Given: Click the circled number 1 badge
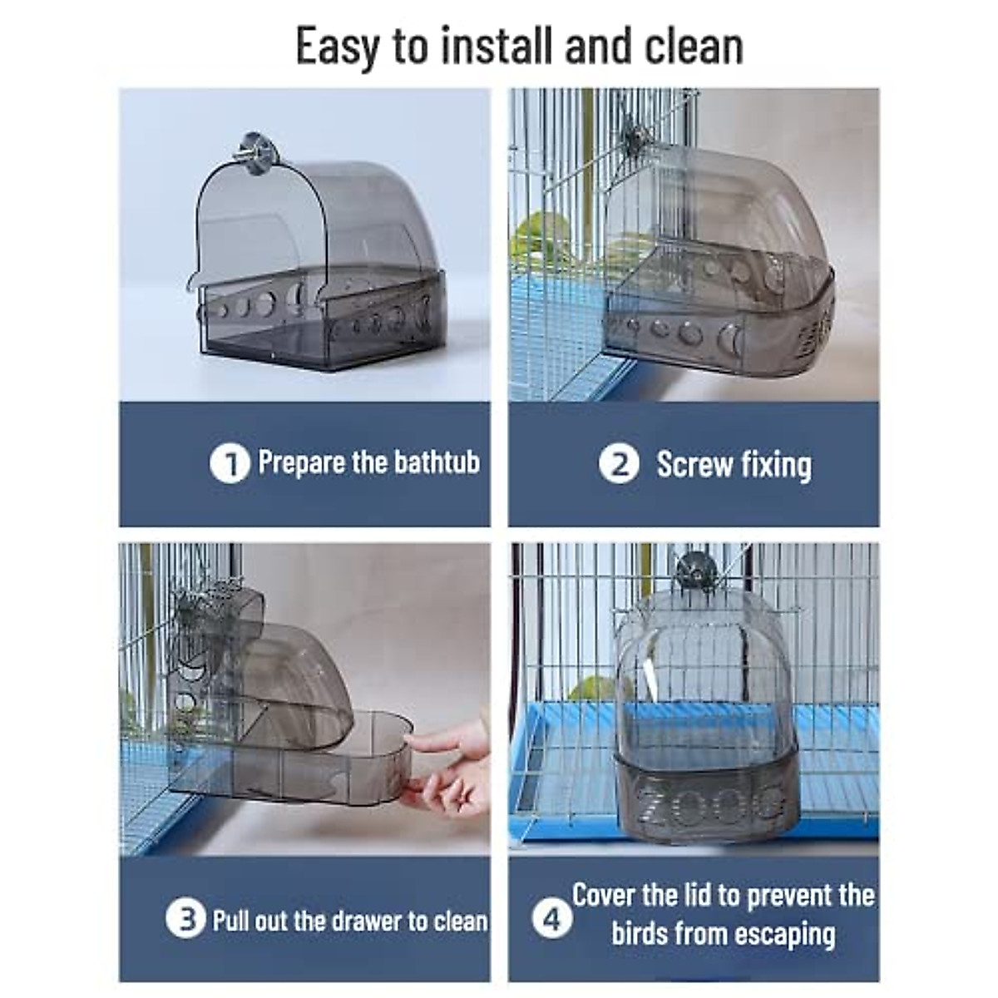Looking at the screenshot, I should click(230, 464).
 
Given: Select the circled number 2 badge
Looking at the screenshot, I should click(619, 464).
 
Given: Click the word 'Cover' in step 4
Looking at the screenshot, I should click(603, 895).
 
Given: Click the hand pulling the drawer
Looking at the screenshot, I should click(449, 765).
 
